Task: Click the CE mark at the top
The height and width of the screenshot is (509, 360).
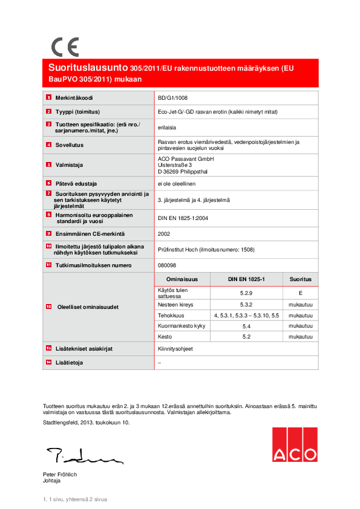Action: coord(64,47)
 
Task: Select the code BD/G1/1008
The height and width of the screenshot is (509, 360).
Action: coord(172,97)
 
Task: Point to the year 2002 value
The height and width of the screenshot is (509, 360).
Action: coord(163,233)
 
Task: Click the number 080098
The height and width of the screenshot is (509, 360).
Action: coord(166,265)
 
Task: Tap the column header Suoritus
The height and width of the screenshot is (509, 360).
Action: coord(300,279)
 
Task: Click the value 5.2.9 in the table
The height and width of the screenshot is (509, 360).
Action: coord(246,293)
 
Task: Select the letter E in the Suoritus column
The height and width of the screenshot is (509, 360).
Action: coord(300,293)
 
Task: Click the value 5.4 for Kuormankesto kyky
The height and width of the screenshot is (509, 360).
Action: coord(246,326)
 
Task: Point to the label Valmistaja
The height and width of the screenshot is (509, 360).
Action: coord(69,164)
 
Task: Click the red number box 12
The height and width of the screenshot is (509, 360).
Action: coord(48,306)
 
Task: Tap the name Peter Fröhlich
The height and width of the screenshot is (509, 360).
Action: coord(60,475)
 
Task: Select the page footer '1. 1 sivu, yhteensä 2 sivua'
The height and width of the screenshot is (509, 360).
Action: coord(75,499)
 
